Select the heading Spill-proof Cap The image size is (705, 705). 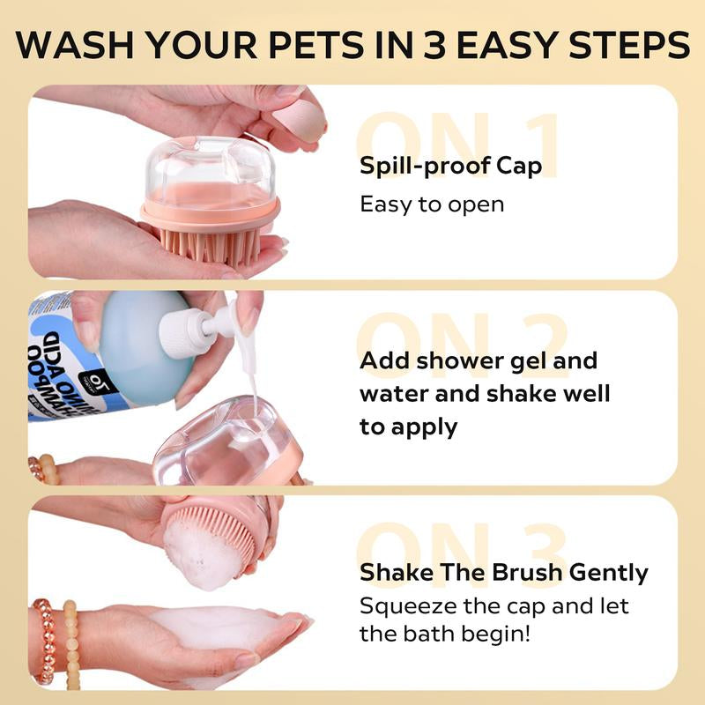(450, 166)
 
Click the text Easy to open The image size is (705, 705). (432, 204)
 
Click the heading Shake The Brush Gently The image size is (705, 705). (503, 573)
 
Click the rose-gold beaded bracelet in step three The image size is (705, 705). (44, 639)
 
